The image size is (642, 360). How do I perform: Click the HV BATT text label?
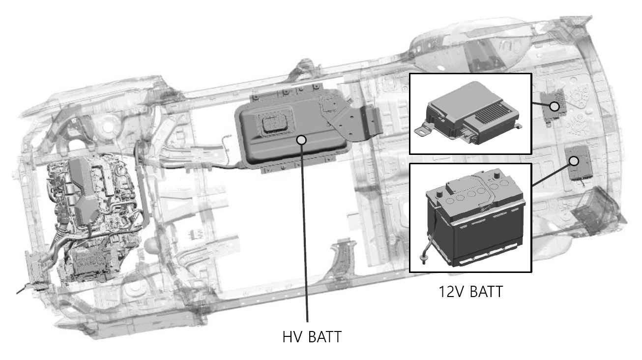[x=312, y=337]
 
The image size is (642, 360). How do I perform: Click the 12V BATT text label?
[x=470, y=292]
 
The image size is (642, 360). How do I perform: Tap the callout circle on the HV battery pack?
[x=301, y=140]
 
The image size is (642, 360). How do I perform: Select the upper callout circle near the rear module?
[x=554, y=107]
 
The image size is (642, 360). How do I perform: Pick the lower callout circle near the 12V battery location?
[x=574, y=161]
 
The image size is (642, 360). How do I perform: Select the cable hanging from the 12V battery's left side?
[x=431, y=232]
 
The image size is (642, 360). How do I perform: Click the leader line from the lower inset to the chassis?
[x=551, y=175]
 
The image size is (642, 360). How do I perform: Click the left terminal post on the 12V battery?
[x=439, y=195]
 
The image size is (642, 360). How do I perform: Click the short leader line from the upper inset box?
[x=541, y=104]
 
